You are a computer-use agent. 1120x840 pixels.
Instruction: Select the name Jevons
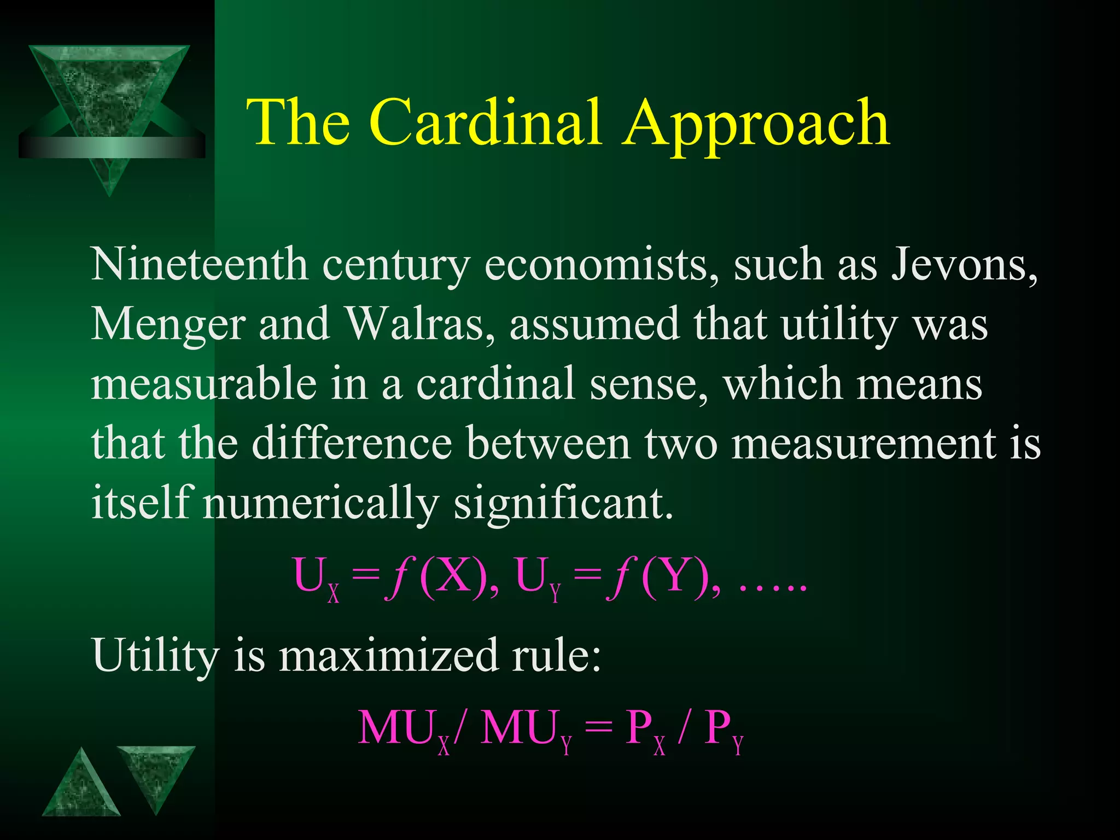[x=964, y=265]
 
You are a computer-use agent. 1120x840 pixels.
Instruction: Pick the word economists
[x=602, y=265]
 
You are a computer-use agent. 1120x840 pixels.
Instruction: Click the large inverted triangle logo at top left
[x=109, y=104]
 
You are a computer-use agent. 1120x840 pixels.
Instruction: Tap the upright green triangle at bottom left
[x=81, y=787]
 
